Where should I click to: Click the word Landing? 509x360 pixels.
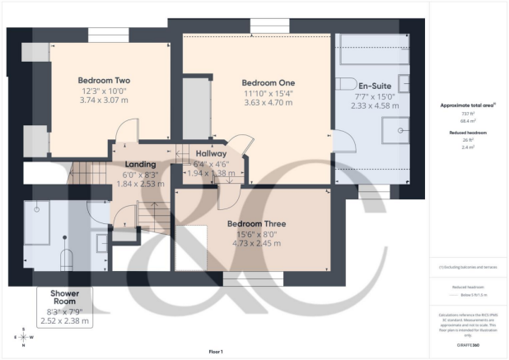tap(139, 164)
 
